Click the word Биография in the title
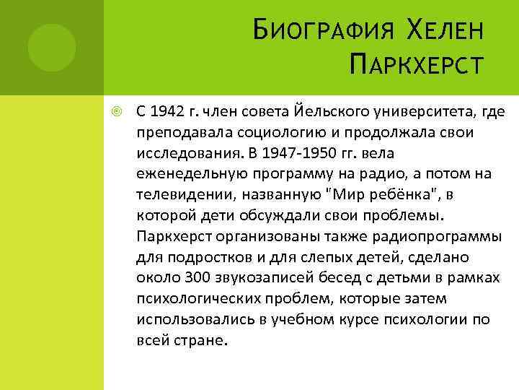click(x=320, y=32)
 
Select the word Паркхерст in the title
click(x=413, y=70)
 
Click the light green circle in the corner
click(x=52, y=47)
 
